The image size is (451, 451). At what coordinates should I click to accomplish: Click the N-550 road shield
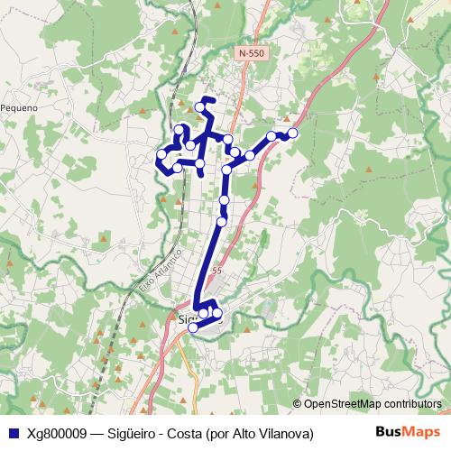(252, 54)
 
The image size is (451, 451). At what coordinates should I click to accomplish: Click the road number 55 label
(216, 271)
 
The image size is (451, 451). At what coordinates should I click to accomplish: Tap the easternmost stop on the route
(292, 133)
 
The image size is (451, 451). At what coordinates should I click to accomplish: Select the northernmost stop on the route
(200, 107)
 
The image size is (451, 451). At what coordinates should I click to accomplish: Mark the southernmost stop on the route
(192, 327)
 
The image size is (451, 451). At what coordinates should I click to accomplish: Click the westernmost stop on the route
(161, 154)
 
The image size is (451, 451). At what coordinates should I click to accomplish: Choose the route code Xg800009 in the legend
(57, 433)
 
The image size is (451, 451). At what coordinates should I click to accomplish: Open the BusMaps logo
(408, 433)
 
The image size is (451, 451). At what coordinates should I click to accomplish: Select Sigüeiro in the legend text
(136, 433)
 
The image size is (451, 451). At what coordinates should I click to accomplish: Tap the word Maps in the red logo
(421, 433)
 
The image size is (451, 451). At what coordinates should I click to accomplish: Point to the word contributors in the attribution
(410, 405)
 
